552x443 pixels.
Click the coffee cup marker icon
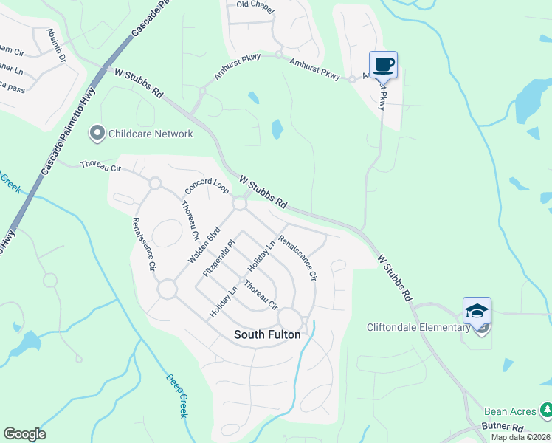tap(383, 64)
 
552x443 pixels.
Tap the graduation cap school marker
tap(477, 310)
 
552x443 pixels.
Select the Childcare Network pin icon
tap(97, 134)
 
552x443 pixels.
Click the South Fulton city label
tap(267, 334)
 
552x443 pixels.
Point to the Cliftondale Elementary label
tap(418, 327)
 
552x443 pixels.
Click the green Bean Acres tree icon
tap(545, 409)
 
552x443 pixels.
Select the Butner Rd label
tap(503, 427)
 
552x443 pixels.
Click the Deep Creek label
tap(176, 394)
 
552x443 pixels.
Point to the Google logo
tap(24, 434)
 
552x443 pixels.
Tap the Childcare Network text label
tap(151, 134)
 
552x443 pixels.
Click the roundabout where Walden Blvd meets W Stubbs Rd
tap(240, 202)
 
